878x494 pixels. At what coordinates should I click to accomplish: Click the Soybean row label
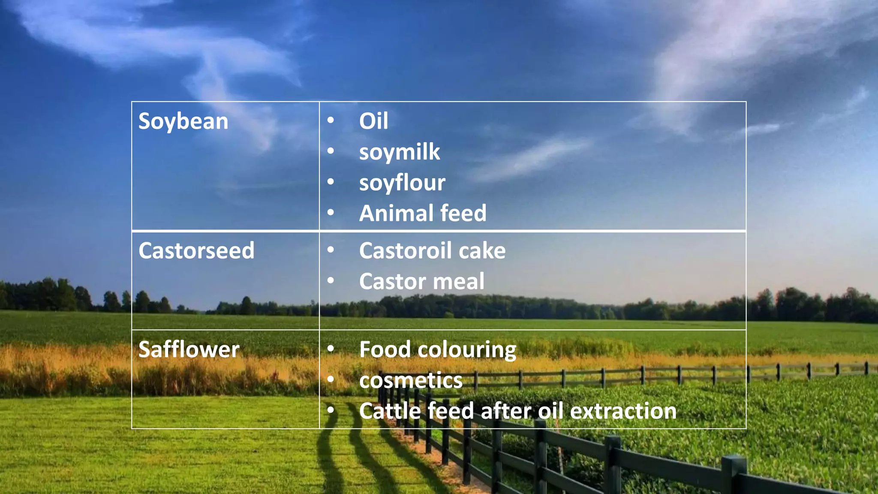coord(183,121)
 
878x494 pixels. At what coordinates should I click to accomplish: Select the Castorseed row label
coord(196,251)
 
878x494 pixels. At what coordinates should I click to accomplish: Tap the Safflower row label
coord(189,349)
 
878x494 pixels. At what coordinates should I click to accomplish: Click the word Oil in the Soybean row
coord(373,121)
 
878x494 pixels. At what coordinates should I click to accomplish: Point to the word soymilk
coord(399,152)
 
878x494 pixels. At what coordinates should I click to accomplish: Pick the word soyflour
coord(402,183)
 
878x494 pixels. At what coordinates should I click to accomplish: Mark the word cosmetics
coord(411,381)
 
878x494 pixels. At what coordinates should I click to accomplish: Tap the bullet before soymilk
coord(331,151)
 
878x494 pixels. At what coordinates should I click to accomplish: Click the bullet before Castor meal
coord(331,280)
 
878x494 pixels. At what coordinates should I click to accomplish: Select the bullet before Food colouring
coord(331,349)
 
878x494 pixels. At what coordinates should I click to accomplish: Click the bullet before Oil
coord(331,120)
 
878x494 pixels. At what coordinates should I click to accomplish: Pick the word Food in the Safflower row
coord(385,349)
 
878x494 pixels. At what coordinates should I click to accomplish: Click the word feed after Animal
coord(463,213)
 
